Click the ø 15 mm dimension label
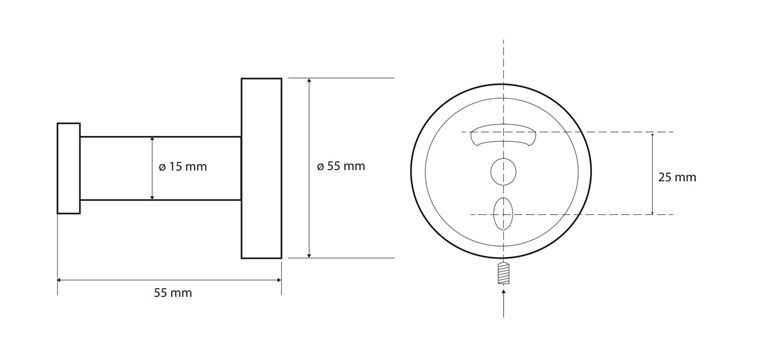tap(183, 167)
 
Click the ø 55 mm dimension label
tap(341, 166)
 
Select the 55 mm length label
tap(173, 293)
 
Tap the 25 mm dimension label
tap(677, 177)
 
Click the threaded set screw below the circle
tap(503, 273)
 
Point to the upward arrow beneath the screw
tap(503, 302)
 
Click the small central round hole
tap(503, 172)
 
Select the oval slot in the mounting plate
tap(503, 214)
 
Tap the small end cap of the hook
tap(69, 168)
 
